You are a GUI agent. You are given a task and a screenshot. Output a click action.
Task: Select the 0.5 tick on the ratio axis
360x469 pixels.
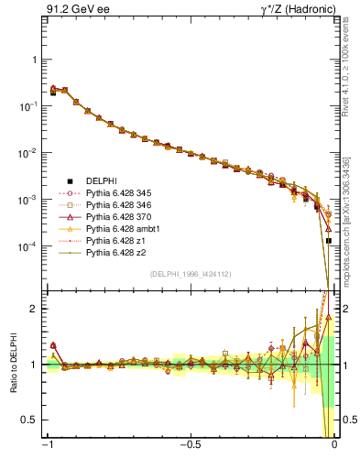click(x=31, y=420)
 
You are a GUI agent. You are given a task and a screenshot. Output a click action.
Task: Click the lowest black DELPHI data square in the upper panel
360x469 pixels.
click(x=329, y=241)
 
